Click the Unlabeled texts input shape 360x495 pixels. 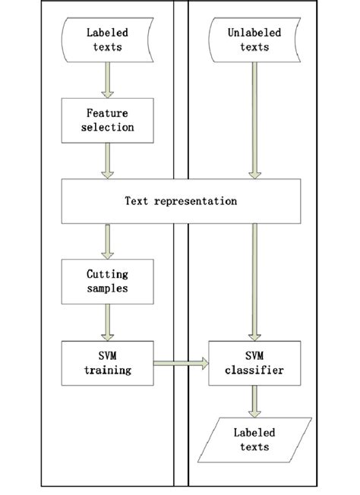pyautogui.click(x=254, y=40)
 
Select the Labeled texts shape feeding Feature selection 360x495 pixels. pyautogui.click(x=108, y=40)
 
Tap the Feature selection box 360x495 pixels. pyautogui.click(x=108, y=121)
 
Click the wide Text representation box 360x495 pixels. pyautogui.click(x=181, y=201)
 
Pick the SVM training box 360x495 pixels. pyautogui.click(x=108, y=363)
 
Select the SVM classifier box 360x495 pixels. pyautogui.click(x=254, y=363)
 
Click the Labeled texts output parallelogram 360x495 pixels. pyautogui.click(x=254, y=440)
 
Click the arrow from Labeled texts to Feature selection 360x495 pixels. pyautogui.click(x=108, y=80)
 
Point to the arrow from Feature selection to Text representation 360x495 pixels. pyautogui.click(x=108, y=161)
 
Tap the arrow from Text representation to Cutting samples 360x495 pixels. pyautogui.click(x=108, y=241)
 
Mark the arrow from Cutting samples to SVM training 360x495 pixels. pyautogui.click(x=108, y=323)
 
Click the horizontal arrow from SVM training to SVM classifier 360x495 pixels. pyautogui.click(x=181, y=364)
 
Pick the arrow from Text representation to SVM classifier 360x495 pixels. pyautogui.click(x=254, y=281)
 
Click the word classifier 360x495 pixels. pyautogui.click(x=254, y=370)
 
